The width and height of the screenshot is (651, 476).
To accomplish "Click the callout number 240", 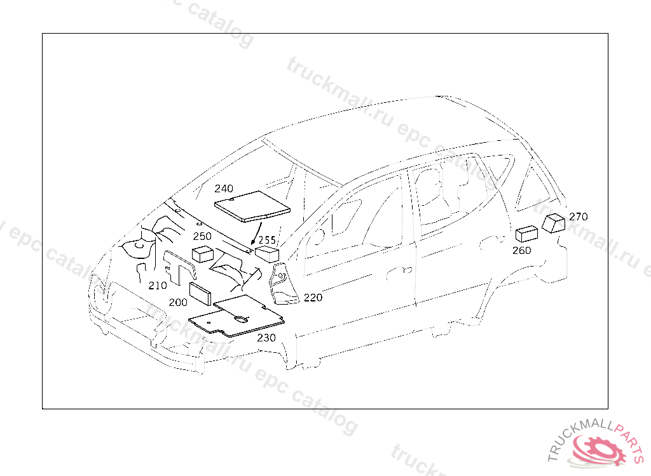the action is [x=224, y=188].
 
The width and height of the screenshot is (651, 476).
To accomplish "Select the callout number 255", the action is [x=267, y=240].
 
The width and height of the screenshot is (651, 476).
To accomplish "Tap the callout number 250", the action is [x=202, y=236].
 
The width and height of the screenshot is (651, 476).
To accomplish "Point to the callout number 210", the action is [x=158, y=286].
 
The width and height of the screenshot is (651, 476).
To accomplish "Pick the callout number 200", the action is [x=179, y=303].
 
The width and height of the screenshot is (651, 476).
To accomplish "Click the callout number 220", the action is [x=313, y=297].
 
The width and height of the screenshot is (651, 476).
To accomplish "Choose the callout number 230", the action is [x=266, y=338].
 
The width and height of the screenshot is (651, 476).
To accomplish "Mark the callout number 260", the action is [x=521, y=250].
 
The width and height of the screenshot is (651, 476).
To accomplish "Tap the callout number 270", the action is [x=578, y=216].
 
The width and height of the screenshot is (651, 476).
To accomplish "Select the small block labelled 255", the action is [x=268, y=253].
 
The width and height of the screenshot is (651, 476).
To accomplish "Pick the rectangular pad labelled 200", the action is [x=203, y=295].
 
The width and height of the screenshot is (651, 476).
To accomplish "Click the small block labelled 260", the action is [x=527, y=234].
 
